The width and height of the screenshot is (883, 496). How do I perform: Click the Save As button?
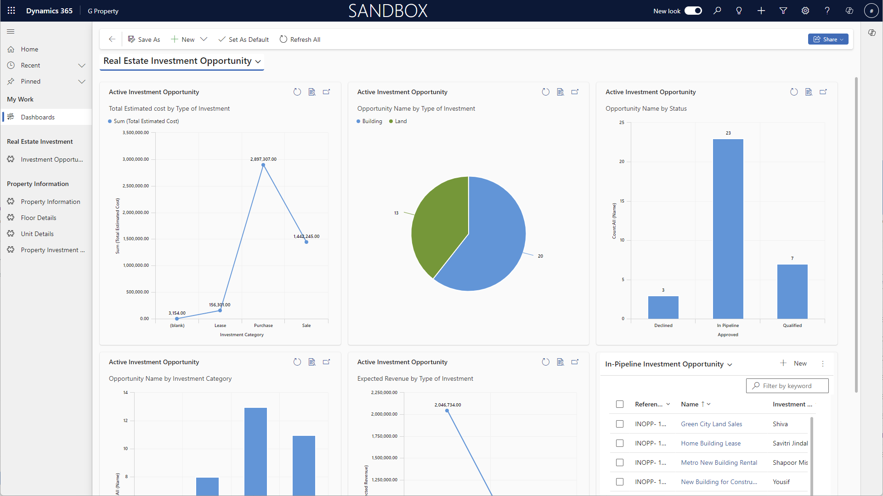click(144, 39)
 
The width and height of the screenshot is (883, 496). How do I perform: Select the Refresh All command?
click(300, 39)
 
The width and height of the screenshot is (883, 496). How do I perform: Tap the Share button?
click(827, 39)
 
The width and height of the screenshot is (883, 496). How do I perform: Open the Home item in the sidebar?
click(29, 49)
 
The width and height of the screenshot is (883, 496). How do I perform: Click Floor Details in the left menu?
click(39, 218)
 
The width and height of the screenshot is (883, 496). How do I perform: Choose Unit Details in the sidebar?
click(37, 234)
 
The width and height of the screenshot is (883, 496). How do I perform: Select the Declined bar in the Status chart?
click(663, 307)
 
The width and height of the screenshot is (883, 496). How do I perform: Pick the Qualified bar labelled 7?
click(792, 291)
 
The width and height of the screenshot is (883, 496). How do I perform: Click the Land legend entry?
click(401, 121)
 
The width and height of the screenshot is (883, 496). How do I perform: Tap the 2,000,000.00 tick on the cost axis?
click(136, 213)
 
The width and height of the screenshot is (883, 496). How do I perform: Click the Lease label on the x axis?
click(220, 326)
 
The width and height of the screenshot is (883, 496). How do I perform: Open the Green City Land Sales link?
click(711, 424)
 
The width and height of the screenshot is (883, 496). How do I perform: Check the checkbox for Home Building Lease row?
click(620, 443)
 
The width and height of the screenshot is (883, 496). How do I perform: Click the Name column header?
click(690, 404)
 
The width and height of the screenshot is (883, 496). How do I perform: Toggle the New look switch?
click(693, 11)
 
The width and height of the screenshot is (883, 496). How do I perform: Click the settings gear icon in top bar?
click(805, 11)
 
